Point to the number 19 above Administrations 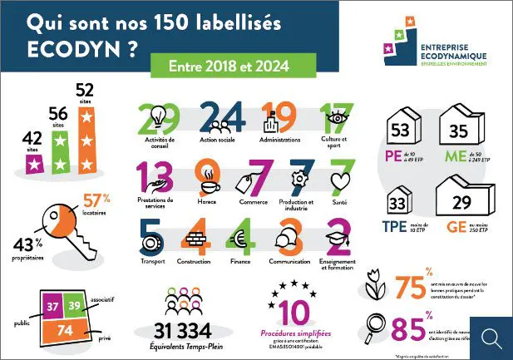(x=280, y=119)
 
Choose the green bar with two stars (x=59, y=151)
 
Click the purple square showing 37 (x=52, y=306)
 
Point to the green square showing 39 (x=76, y=306)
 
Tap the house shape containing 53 (x=405, y=128)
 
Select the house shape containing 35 (x=459, y=128)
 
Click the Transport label (x=154, y=260)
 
